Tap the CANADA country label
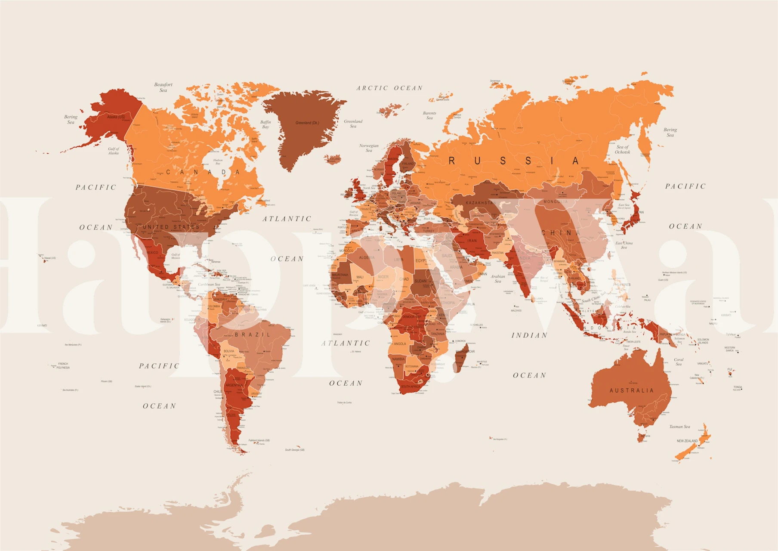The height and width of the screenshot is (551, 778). [203, 172]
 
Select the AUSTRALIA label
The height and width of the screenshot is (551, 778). [631, 390]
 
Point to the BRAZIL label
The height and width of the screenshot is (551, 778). [253, 334]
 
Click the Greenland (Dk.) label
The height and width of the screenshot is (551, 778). [307, 123]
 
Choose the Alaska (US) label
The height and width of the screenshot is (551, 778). [116, 117]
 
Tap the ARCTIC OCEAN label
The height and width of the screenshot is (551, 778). [389, 88]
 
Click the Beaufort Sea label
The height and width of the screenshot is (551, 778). [163, 87]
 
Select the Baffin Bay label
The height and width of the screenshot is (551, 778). [266, 124]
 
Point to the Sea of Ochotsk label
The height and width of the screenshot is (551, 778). [622, 149]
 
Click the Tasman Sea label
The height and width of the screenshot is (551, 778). [679, 427]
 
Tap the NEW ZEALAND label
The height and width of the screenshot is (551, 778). [687, 441]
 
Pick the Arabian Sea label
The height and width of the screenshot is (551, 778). [498, 279]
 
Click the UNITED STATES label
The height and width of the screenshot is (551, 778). [171, 227]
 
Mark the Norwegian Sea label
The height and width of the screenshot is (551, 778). [369, 148]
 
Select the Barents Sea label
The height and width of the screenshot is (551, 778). [429, 115]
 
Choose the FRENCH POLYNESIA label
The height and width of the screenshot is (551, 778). [63, 365]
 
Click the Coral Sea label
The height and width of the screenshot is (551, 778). [679, 362]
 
